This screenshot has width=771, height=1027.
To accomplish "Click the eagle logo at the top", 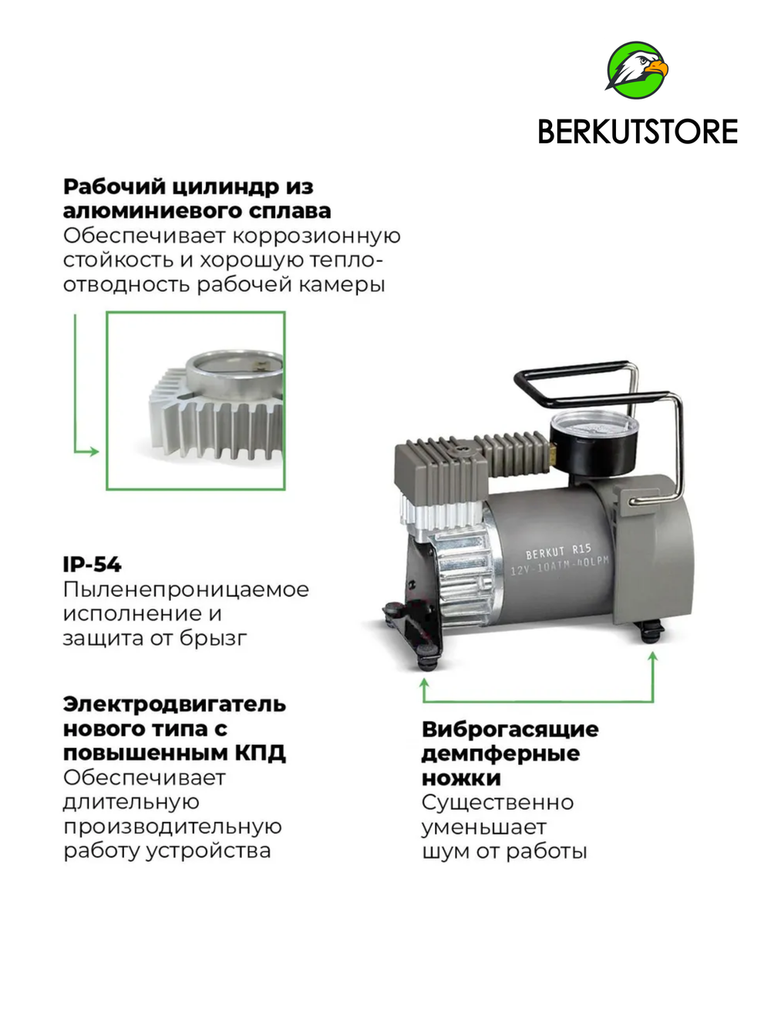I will coord(637,69).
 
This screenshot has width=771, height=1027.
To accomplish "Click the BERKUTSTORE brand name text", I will coord(637,132).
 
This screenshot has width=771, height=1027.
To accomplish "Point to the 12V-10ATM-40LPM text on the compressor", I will coord(560,567).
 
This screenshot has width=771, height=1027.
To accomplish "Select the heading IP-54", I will coord(92,565).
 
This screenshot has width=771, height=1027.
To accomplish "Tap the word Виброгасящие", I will coord(510,729).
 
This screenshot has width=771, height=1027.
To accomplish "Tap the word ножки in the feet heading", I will coord(461,778).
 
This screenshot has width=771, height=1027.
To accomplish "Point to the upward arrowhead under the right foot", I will coord(653,656).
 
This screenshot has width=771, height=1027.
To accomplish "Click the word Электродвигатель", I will coord(174,704).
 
